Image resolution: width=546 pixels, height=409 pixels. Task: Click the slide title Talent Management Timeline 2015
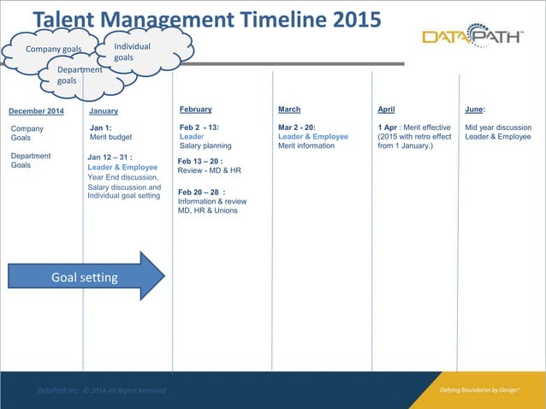tap(206, 20)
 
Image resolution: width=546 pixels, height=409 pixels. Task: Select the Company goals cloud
tap(53, 49)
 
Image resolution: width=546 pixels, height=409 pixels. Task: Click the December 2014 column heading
tap(36, 111)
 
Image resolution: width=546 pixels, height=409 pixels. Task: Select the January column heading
tap(104, 111)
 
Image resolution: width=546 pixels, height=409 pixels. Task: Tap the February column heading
tap(196, 110)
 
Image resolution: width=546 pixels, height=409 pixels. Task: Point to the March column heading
tap(289, 110)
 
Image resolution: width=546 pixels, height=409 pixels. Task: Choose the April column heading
tap(386, 110)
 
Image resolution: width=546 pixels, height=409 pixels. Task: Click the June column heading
tap(475, 110)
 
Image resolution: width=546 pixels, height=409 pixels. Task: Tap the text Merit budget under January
tap(110, 137)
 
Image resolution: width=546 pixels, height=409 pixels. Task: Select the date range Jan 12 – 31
tap(110, 157)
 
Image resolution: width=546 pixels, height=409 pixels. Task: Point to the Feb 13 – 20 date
tap(200, 161)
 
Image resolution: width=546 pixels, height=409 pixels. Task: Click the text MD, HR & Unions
tap(208, 210)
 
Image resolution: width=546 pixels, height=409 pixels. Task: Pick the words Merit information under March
tap(306, 146)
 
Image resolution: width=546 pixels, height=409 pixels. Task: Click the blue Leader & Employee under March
tap(313, 137)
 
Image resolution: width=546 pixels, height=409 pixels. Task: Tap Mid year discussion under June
tap(498, 127)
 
